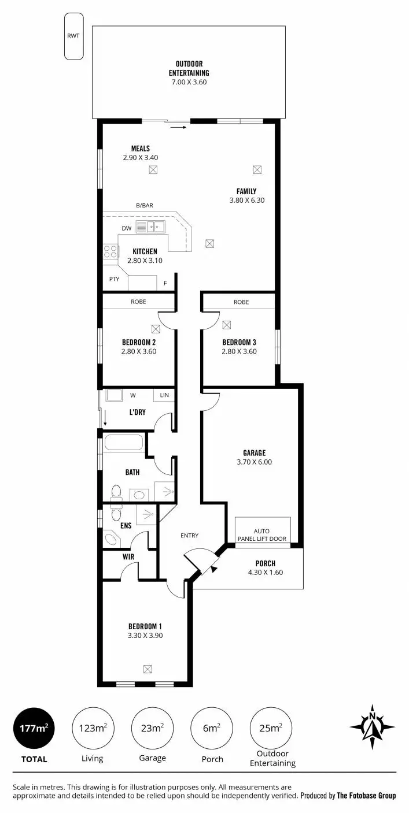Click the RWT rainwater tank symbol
coord(73,36)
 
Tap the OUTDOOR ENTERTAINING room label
coord(189,68)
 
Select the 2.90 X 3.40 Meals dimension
coord(140,157)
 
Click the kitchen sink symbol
coord(150,227)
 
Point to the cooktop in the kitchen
coord(110,251)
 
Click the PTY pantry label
coord(115,279)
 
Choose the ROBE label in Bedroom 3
coord(241,302)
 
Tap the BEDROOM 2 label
coord(139,341)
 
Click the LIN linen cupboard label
coord(164,395)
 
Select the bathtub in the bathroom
coord(123,444)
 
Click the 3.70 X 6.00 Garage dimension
coord(254,462)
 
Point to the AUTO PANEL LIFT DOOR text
coord(261,535)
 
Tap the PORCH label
coord(265,563)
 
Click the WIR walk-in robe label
coord(128,557)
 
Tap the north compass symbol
coord(373,723)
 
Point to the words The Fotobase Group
coord(366,796)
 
